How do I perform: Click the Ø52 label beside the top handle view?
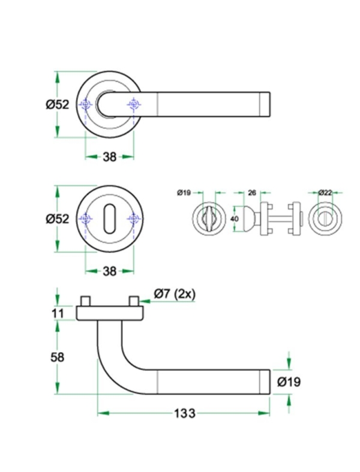pyautogui.click(x=58, y=104)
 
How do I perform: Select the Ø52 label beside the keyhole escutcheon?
pyautogui.click(x=58, y=220)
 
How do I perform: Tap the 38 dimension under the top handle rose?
pyautogui.click(x=109, y=157)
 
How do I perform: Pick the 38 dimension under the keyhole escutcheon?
pyautogui.click(x=109, y=271)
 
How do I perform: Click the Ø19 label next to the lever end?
pyautogui.click(x=289, y=381)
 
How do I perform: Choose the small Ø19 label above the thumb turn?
pyautogui.click(x=184, y=193)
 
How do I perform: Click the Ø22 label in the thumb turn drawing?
pyautogui.click(x=325, y=193)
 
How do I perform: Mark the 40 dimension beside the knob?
pyautogui.click(x=235, y=220)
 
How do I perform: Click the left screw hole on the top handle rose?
pyautogui.click(x=86, y=106)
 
